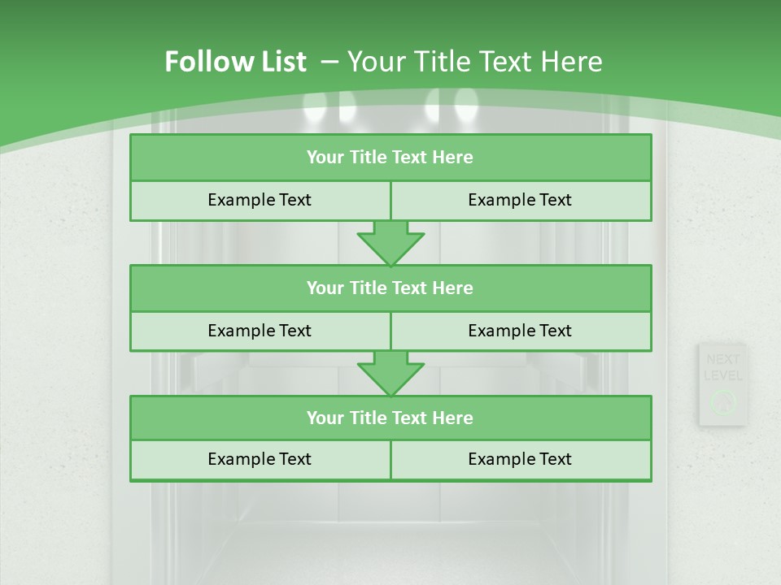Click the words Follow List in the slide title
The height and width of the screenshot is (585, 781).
coord(236,62)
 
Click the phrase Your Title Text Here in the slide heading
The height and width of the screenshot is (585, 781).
coord(475,62)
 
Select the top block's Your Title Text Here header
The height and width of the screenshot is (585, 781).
coord(390,158)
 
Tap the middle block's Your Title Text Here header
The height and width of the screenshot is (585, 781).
coord(390,288)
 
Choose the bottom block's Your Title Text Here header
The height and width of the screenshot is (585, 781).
coord(390,418)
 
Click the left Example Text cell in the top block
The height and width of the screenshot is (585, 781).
coord(260,200)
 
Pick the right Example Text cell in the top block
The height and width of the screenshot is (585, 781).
coord(520,200)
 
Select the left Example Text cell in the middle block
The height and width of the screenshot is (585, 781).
coord(260,331)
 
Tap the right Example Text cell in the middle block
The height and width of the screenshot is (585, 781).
coord(520,331)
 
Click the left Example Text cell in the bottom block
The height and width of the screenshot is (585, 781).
coord(260,459)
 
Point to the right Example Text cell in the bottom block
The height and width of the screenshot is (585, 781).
coord(520,459)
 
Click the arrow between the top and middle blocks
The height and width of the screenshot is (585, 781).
coord(390,242)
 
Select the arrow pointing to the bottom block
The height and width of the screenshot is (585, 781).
coord(390,373)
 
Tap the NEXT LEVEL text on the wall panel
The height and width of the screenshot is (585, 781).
coord(722,367)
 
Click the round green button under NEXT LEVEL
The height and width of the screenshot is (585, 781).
coord(722,401)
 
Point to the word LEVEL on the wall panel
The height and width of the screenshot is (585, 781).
coord(722,375)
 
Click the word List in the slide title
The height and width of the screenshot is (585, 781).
coord(281,62)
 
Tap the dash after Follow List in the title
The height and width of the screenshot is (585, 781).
coord(329,62)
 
